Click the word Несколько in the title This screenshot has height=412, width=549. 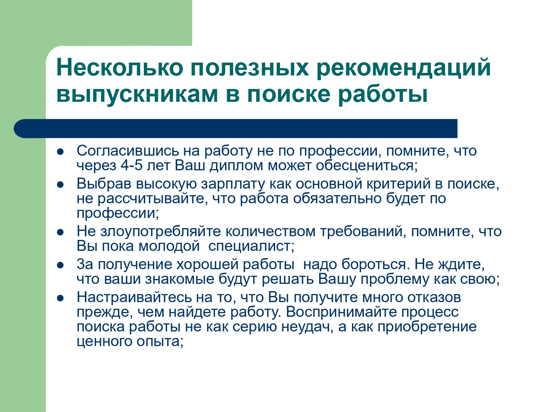click(120, 67)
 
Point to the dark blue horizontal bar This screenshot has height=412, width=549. click(235, 129)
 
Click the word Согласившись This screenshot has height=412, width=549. click(128, 151)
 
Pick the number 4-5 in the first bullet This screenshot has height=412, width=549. click(131, 166)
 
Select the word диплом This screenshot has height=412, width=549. click(236, 166)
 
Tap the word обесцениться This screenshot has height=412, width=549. click(367, 166)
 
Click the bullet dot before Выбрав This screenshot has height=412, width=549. click(60, 185)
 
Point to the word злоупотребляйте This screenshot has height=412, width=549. click(161, 232)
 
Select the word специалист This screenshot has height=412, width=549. click(251, 246)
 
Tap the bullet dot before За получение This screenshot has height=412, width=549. click(60, 266)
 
